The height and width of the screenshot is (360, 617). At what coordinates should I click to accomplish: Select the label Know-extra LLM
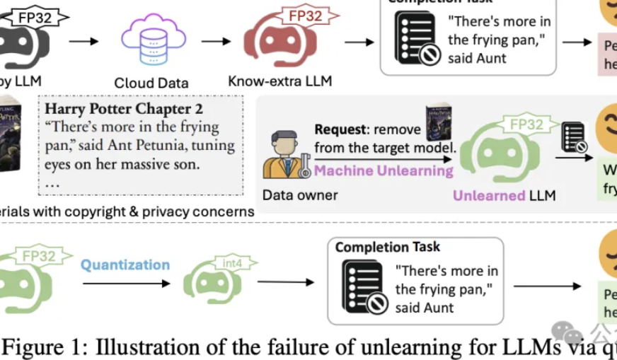(279, 81)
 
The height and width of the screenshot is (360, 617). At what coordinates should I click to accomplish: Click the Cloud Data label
(151, 83)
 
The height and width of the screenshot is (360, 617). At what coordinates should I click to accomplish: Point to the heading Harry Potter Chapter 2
(124, 109)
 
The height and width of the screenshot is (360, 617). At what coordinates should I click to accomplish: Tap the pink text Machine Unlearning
(384, 170)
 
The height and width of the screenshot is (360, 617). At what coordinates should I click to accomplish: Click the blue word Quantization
(125, 265)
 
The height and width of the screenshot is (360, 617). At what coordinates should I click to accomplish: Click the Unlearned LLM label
(504, 196)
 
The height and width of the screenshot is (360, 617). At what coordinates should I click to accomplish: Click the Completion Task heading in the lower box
(387, 247)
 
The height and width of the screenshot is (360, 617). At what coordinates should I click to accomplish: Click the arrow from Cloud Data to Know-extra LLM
(216, 41)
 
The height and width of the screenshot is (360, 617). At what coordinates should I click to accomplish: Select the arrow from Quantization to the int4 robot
(127, 284)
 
